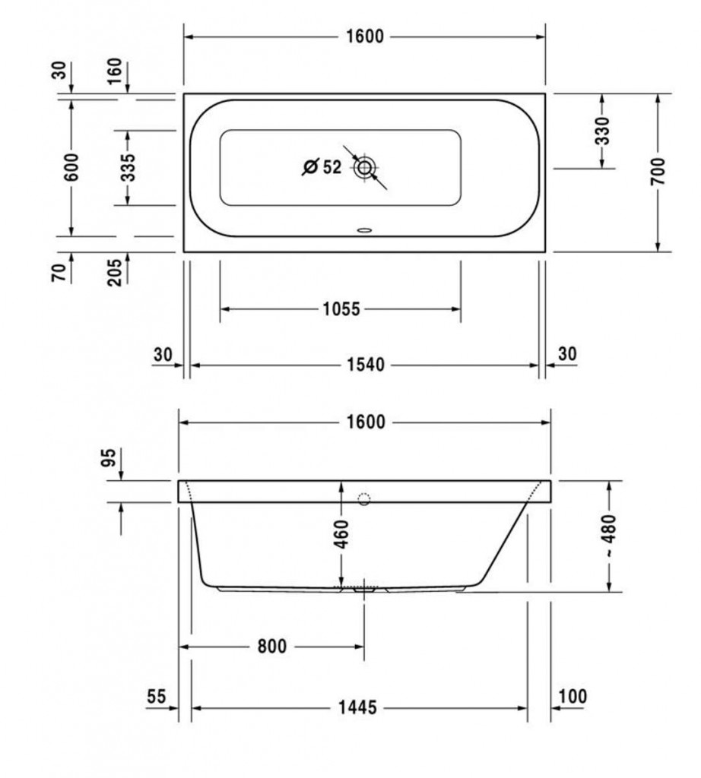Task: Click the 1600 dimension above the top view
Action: [x=365, y=36]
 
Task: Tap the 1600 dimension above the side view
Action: [x=366, y=422]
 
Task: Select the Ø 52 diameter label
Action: [x=322, y=167]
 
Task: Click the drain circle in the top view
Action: [x=365, y=167]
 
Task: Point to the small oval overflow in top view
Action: [x=365, y=229]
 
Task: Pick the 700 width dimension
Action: [x=658, y=171]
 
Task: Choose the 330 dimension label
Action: [x=601, y=131]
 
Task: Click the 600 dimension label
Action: [x=71, y=166]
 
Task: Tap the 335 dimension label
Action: [x=128, y=167]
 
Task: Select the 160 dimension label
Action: [x=114, y=71]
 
